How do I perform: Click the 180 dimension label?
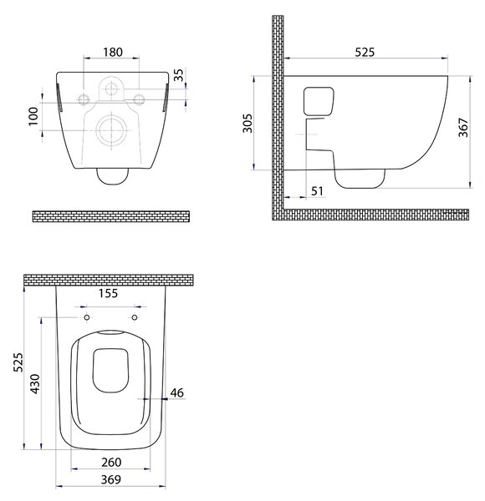click(x=113, y=52)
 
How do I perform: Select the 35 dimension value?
click(x=180, y=75)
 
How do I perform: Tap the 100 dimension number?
click(x=33, y=116)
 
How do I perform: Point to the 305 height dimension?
click(x=248, y=123)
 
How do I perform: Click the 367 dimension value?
click(x=463, y=128)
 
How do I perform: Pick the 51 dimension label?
click(x=317, y=191)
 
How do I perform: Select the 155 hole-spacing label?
click(x=108, y=293)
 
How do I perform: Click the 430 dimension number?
click(x=34, y=384)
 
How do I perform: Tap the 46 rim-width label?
click(x=177, y=392)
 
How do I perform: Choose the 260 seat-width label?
click(x=111, y=462)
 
